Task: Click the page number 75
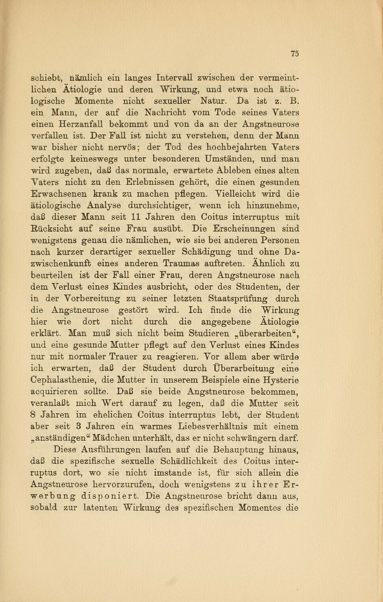click(x=295, y=54)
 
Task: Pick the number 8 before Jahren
click(x=33, y=415)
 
